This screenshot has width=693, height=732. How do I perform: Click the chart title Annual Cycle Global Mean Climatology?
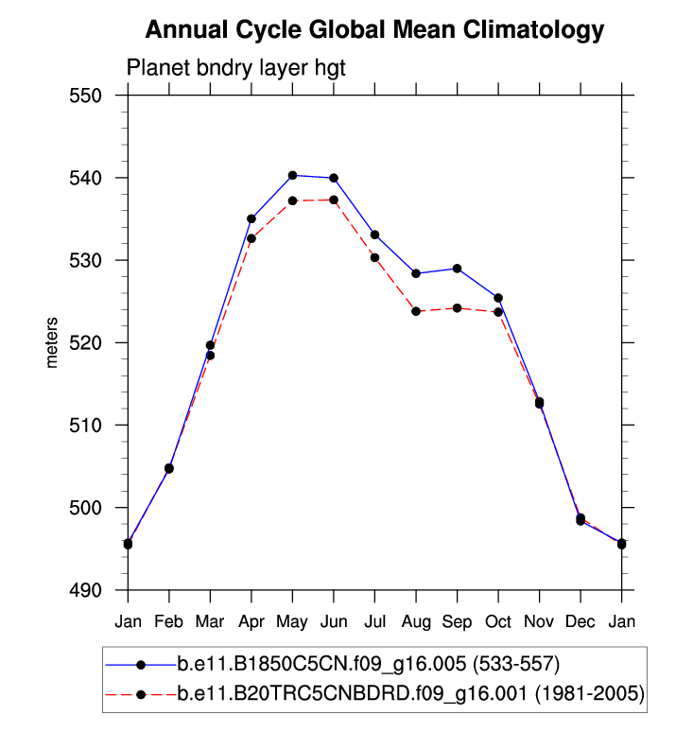373,30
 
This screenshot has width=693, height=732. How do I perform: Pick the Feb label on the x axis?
169,621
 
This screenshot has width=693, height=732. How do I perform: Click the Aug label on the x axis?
416,621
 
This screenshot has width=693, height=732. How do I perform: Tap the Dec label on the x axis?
580,621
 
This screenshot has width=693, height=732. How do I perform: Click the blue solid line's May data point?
292,175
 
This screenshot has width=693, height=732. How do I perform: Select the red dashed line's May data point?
292,200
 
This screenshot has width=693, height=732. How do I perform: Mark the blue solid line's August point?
416,273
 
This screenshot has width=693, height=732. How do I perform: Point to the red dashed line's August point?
416,311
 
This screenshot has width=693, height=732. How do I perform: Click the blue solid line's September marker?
458,269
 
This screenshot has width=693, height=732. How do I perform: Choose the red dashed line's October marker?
498,312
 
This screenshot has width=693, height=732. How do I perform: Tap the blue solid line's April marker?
251,218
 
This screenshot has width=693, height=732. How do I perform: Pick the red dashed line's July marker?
374,257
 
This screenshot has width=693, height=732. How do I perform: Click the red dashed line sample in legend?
140,694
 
